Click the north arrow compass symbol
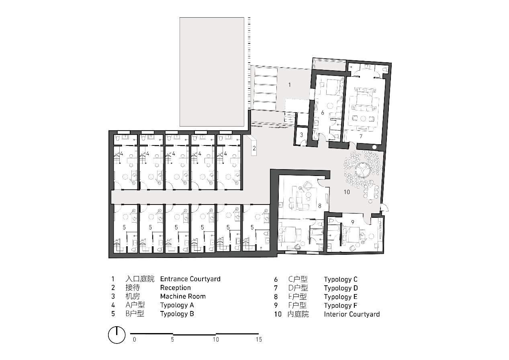click(117, 335)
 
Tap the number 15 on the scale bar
click(259, 340)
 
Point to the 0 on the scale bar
click(135, 340)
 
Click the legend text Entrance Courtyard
click(190, 279)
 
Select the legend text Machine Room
click(183, 297)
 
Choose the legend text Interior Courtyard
click(352, 314)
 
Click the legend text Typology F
click(341, 305)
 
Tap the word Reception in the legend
click(176, 288)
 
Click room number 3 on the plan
click(302, 135)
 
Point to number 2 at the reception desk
click(254, 148)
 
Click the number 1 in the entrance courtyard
click(290, 85)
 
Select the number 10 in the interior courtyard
click(347, 192)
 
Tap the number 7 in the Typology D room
click(361, 136)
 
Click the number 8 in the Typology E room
click(320, 206)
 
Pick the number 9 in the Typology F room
click(352, 222)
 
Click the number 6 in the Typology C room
click(323, 112)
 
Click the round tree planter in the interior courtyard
click(363, 170)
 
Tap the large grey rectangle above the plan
click(212, 72)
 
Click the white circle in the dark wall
click(374, 147)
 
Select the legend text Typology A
click(177, 305)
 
